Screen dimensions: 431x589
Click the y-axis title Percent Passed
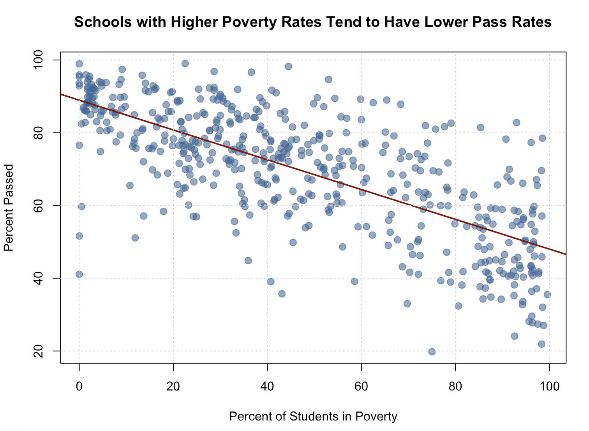[x=9, y=207]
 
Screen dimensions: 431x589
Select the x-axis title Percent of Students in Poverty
[x=313, y=417]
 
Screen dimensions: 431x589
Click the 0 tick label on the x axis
[x=79, y=387]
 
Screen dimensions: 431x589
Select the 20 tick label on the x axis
[x=173, y=387]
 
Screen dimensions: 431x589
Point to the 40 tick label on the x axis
[x=267, y=387]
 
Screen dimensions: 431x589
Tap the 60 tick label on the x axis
[x=362, y=387]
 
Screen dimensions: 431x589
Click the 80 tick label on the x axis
[x=455, y=387]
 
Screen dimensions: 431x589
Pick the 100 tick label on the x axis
[x=549, y=387]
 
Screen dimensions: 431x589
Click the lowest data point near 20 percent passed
[x=432, y=352]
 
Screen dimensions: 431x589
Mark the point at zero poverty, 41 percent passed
[x=79, y=274]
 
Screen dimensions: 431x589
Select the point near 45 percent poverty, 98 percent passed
[x=288, y=66]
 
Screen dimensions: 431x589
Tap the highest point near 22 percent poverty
[x=185, y=64]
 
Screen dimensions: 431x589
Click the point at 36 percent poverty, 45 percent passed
[x=248, y=260]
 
